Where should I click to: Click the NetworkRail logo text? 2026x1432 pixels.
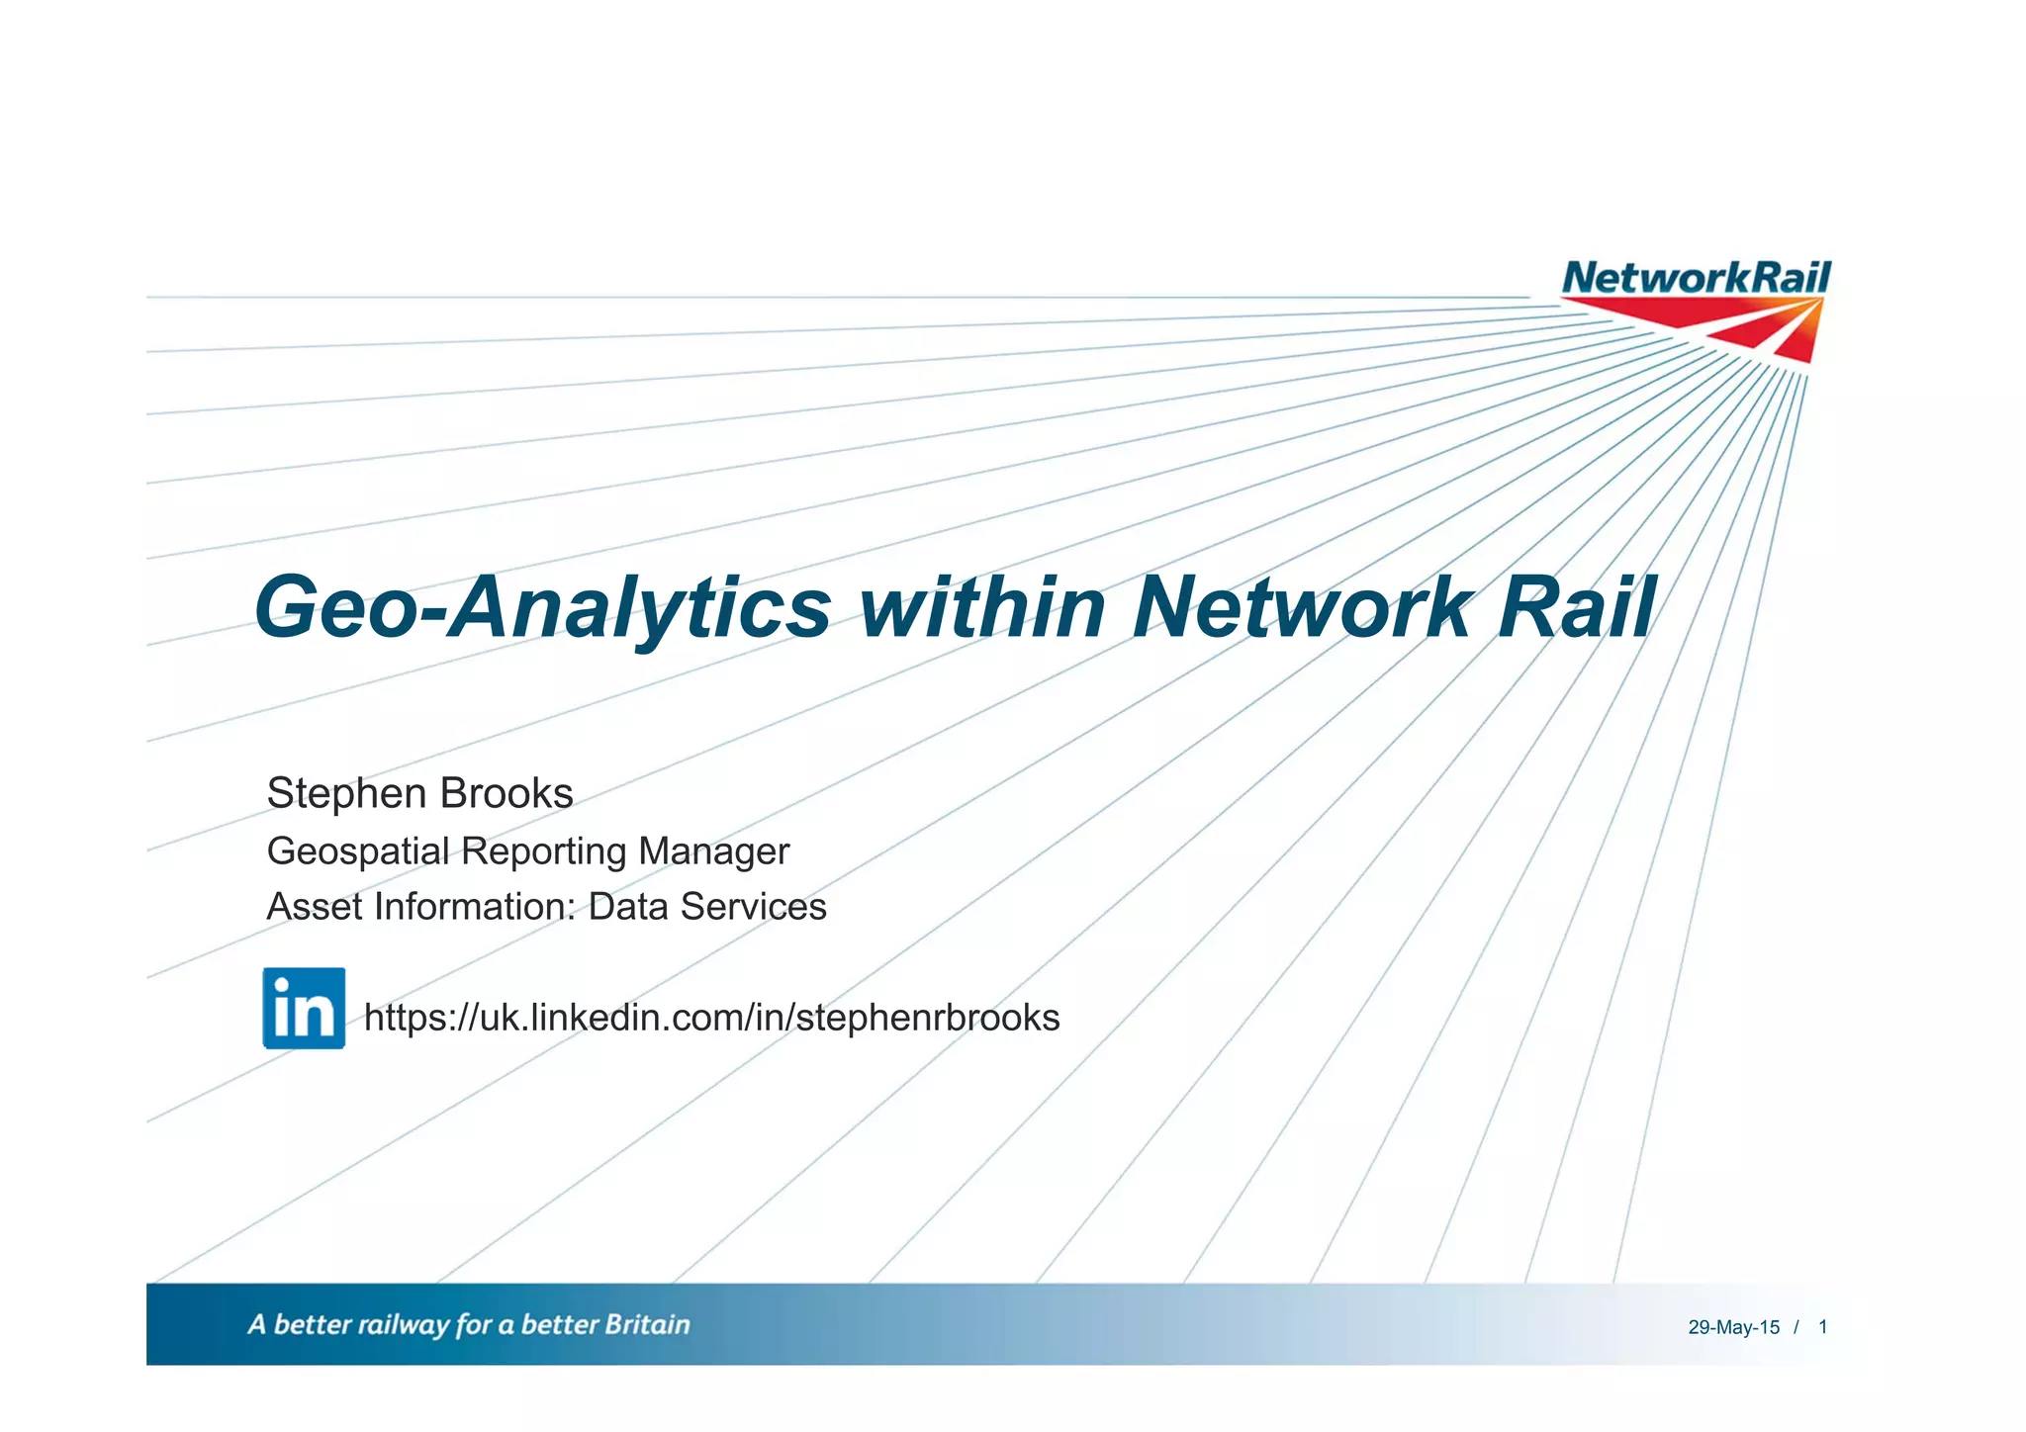coord(1696,278)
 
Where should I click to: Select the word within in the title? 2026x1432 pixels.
coord(982,607)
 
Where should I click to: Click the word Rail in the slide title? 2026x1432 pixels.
coord(1575,607)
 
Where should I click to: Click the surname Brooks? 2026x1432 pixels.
coord(506,794)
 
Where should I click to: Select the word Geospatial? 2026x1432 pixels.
coord(357,852)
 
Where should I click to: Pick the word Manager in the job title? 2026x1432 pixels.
coord(713,851)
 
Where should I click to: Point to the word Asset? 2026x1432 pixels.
coord(314,907)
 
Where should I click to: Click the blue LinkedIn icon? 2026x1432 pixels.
coord(304,1008)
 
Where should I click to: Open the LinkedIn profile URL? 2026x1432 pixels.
coord(711,1018)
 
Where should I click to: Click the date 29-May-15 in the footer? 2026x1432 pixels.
coord(1733,1328)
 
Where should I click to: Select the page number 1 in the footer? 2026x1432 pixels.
coord(1822,1327)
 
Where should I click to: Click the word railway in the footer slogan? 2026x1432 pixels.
coord(403,1326)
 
